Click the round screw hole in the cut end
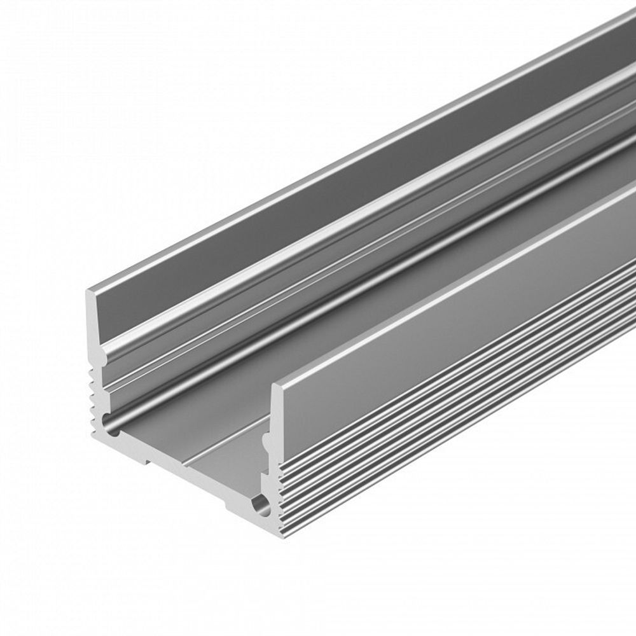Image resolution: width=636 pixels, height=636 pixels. pyautogui.click(x=261, y=506)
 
